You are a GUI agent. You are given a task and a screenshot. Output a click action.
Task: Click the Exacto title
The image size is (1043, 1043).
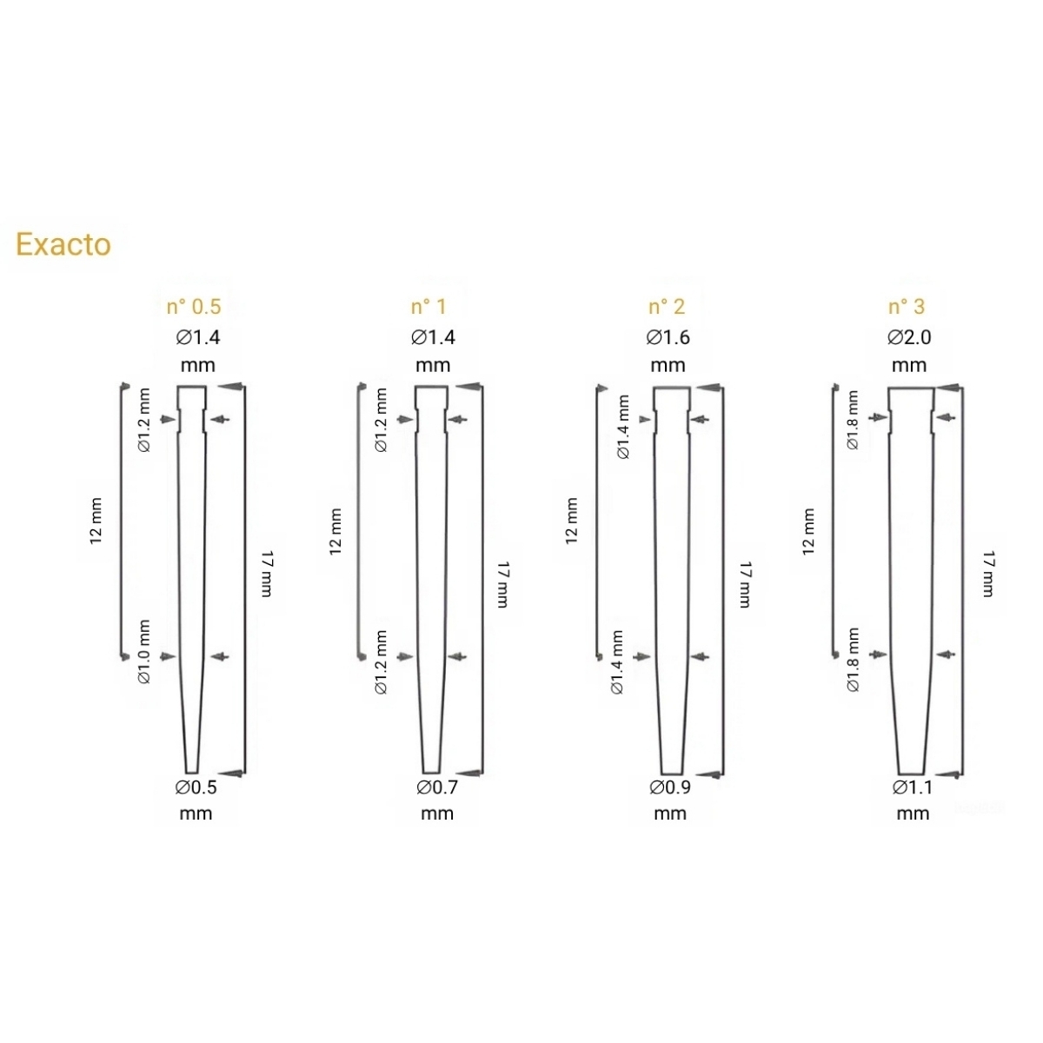63,244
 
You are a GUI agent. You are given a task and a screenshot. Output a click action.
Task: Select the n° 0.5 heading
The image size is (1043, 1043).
194,307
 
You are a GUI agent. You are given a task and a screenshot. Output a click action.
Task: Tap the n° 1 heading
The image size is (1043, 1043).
428,307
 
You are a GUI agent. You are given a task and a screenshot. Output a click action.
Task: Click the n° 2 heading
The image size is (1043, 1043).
667,307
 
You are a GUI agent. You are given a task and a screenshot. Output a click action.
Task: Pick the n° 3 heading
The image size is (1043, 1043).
907,307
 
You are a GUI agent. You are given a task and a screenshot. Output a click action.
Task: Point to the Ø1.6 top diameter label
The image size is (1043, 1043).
668,338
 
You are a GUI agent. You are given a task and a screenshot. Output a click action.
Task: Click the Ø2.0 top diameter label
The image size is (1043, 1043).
909,338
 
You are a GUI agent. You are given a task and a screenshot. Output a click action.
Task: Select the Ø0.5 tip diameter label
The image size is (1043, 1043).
196,787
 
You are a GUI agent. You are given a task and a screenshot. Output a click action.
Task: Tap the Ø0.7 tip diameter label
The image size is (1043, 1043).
437,787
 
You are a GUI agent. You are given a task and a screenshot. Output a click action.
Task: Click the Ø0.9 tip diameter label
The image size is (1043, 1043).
670,787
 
